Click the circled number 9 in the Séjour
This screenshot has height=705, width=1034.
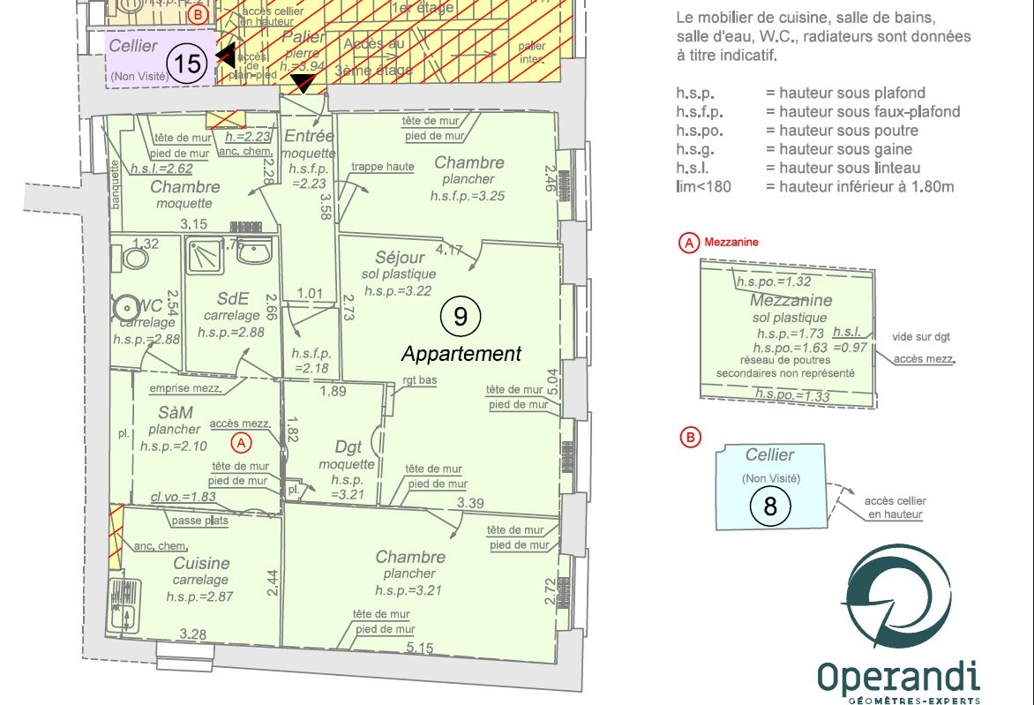click(461, 317)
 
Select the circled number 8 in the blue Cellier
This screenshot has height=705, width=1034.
click(770, 506)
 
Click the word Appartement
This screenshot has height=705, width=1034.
click(461, 354)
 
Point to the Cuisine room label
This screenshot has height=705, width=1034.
click(201, 563)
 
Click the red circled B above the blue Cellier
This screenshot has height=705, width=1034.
click(690, 436)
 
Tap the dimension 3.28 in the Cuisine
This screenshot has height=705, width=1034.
click(192, 634)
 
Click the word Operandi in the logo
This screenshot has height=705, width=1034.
click(897, 678)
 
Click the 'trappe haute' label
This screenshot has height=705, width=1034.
click(382, 166)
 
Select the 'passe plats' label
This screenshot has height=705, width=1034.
click(200, 521)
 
